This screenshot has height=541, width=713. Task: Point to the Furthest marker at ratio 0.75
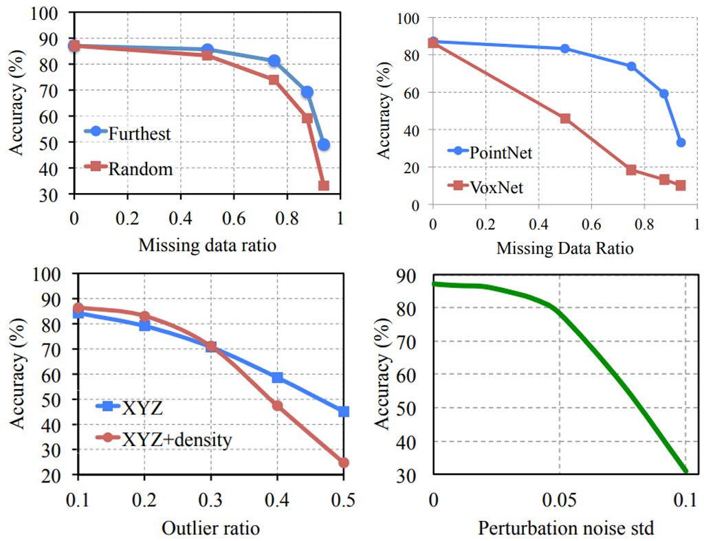(274, 61)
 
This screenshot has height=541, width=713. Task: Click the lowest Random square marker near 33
(323, 186)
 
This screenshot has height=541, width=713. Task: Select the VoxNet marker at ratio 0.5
(564, 118)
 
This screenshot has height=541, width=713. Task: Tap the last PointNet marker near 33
(681, 142)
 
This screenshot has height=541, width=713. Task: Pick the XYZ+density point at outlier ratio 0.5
(344, 463)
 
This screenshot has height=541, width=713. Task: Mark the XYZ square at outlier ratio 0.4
(277, 377)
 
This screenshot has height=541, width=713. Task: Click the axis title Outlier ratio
(211, 528)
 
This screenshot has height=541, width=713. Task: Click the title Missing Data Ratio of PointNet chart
(564, 248)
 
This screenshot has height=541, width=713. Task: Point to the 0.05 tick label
(559, 499)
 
